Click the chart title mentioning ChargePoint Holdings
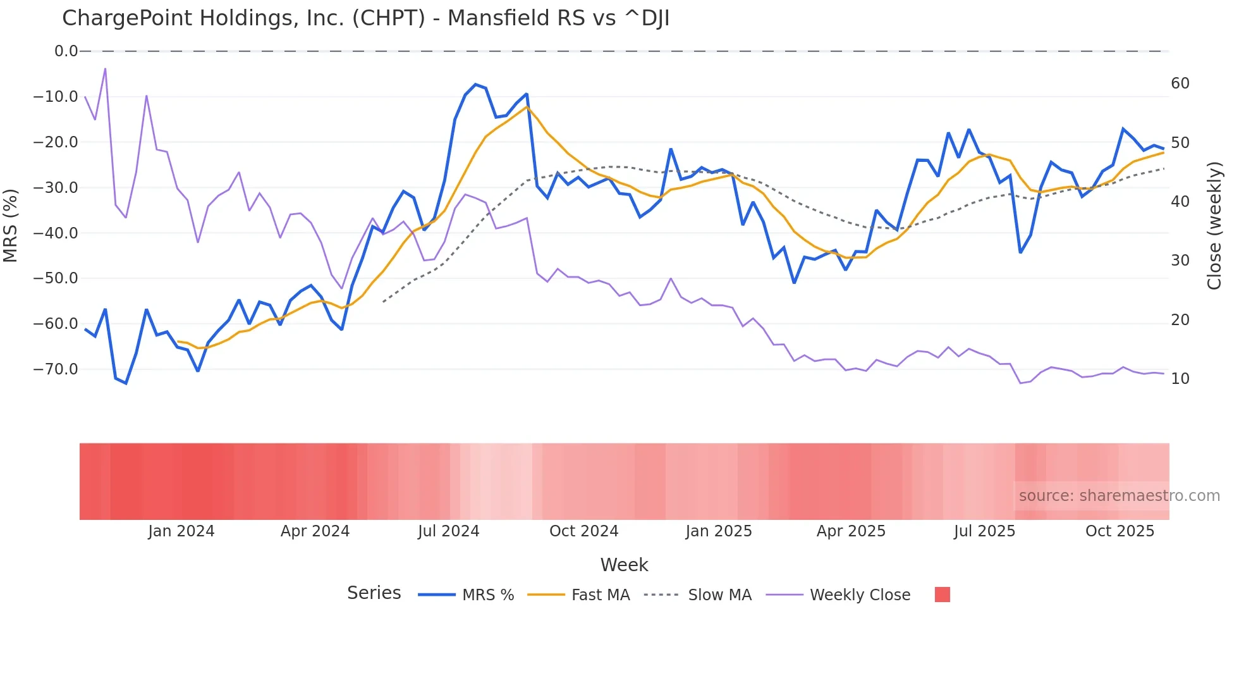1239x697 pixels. (365, 18)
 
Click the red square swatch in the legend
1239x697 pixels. (942, 595)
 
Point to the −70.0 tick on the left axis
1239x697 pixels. (56, 369)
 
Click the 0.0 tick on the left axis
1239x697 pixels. (66, 51)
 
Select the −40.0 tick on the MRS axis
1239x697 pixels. (56, 233)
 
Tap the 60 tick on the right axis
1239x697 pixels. (1180, 83)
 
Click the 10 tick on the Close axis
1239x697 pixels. (1180, 379)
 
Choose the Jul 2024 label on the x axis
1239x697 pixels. (448, 531)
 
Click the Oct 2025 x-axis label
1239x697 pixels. (1120, 531)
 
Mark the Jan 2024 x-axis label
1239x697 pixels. (181, 531)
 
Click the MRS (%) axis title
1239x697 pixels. (11, 226)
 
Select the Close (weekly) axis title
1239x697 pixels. (1214, 226)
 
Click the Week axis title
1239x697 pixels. (624, 565)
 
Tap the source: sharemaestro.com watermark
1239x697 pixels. (1119, 496)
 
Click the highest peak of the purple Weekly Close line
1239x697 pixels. (105, 68)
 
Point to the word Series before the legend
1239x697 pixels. (374, 593)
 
